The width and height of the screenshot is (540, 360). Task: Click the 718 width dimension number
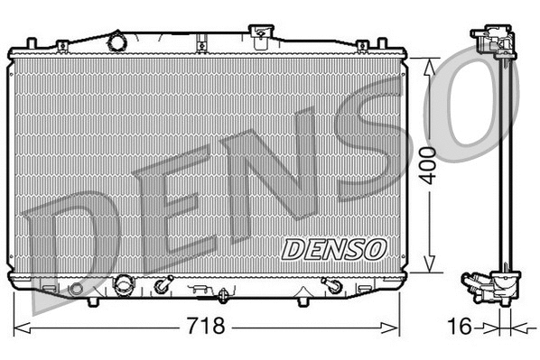pos(206,325)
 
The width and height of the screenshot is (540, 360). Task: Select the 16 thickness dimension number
pos(460,325)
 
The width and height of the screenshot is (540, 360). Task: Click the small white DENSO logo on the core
pos(334,246)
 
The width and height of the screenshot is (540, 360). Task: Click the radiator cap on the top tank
pos(261,36)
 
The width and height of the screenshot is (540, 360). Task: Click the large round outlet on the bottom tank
pos(121,286)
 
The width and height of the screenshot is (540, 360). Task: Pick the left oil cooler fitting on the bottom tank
pos(163,287)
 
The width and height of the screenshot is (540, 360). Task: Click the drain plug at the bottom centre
pos(223,293)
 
